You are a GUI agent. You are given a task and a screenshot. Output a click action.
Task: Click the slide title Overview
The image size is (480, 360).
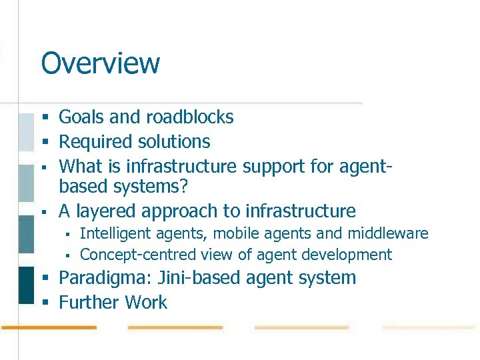(x=100, y=63)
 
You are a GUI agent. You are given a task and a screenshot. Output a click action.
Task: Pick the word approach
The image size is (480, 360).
(x=178, y=212)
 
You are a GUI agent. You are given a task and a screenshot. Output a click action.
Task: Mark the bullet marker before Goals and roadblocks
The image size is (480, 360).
(x=46, y=118)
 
